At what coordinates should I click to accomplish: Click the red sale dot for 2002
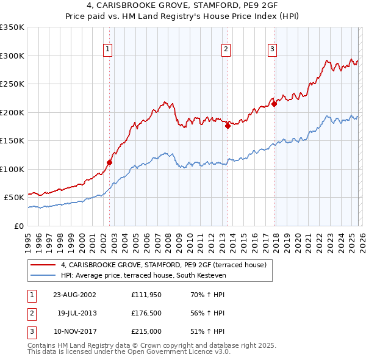(x=110, y=162)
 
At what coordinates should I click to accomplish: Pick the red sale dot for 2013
(x=228, y=126)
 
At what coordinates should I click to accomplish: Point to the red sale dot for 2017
(x=274, y=104)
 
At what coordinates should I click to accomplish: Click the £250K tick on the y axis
(x=13, y=84)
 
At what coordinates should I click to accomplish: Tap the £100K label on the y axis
(x=13, y=169)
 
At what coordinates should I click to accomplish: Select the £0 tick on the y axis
(x=19, y=226)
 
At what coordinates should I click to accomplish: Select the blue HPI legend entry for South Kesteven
(x=143, y=276)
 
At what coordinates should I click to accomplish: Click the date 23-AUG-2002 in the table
(x=74, y=295)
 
